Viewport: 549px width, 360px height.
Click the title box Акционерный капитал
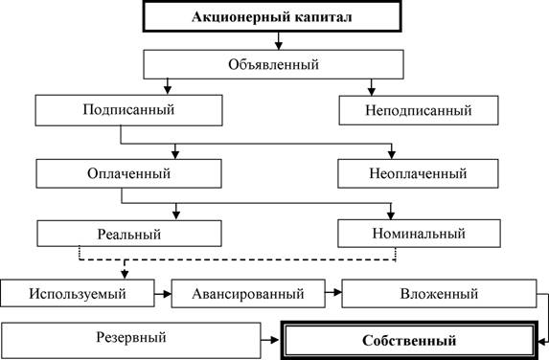pos(272,16)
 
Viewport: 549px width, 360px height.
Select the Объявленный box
pos(273,64)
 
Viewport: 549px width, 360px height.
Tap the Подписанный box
pos(128,110)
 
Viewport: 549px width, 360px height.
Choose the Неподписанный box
pos(419,110)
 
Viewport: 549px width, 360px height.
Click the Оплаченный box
pos(128,173)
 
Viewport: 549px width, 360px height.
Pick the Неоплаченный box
pos(418,173)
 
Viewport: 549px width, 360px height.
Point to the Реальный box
pos(129,234)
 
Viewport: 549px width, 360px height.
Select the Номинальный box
pos(419,234)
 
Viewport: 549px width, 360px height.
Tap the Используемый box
pos(78,293)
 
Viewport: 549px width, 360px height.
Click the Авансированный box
pos(248,293)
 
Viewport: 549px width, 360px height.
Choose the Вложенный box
pos(439,293)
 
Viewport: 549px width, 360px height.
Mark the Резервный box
pos(131,340)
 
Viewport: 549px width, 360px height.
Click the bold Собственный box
pos(409,341)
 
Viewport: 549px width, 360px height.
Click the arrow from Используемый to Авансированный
pos(163,294)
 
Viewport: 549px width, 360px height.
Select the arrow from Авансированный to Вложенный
pos(333,291)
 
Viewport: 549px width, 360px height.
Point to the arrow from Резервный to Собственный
pos(270,339)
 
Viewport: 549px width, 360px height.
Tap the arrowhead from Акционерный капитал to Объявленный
pos(279,46)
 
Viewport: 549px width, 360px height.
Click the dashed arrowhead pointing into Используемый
pos(125,275)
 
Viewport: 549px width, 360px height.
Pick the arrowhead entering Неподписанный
pos(372,91)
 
